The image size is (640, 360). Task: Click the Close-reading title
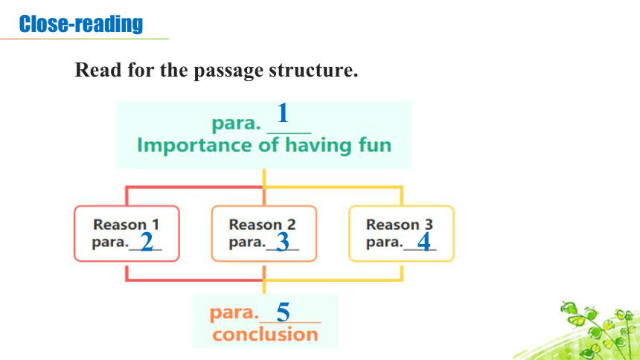81,24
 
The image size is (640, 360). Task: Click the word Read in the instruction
98,69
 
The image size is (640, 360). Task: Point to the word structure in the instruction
313,70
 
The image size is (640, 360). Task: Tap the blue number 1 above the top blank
283,113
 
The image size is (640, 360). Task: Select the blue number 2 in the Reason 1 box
147,242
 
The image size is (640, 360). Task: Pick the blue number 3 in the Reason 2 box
283,242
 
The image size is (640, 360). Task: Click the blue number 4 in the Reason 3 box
423,242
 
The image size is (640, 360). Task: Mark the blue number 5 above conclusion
283,312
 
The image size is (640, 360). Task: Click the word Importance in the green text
195,145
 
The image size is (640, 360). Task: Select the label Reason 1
126,225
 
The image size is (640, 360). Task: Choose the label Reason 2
262,225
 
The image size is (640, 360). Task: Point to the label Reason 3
399,225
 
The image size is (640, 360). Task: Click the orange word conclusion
265,335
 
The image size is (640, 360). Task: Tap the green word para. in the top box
236,123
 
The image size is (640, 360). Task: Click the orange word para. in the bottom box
234,313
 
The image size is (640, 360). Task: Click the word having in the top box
318,146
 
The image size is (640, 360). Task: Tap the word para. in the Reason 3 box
385,242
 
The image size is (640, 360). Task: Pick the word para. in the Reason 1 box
110,242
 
